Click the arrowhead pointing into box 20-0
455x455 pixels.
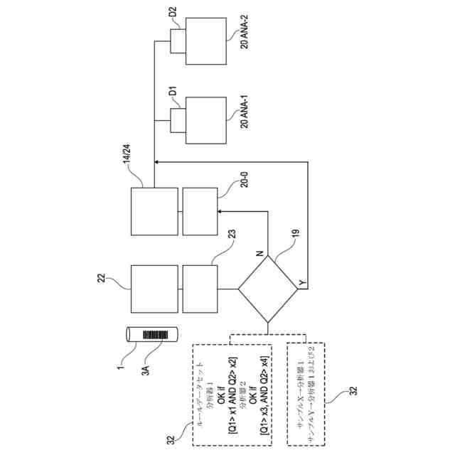coord(219,211)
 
